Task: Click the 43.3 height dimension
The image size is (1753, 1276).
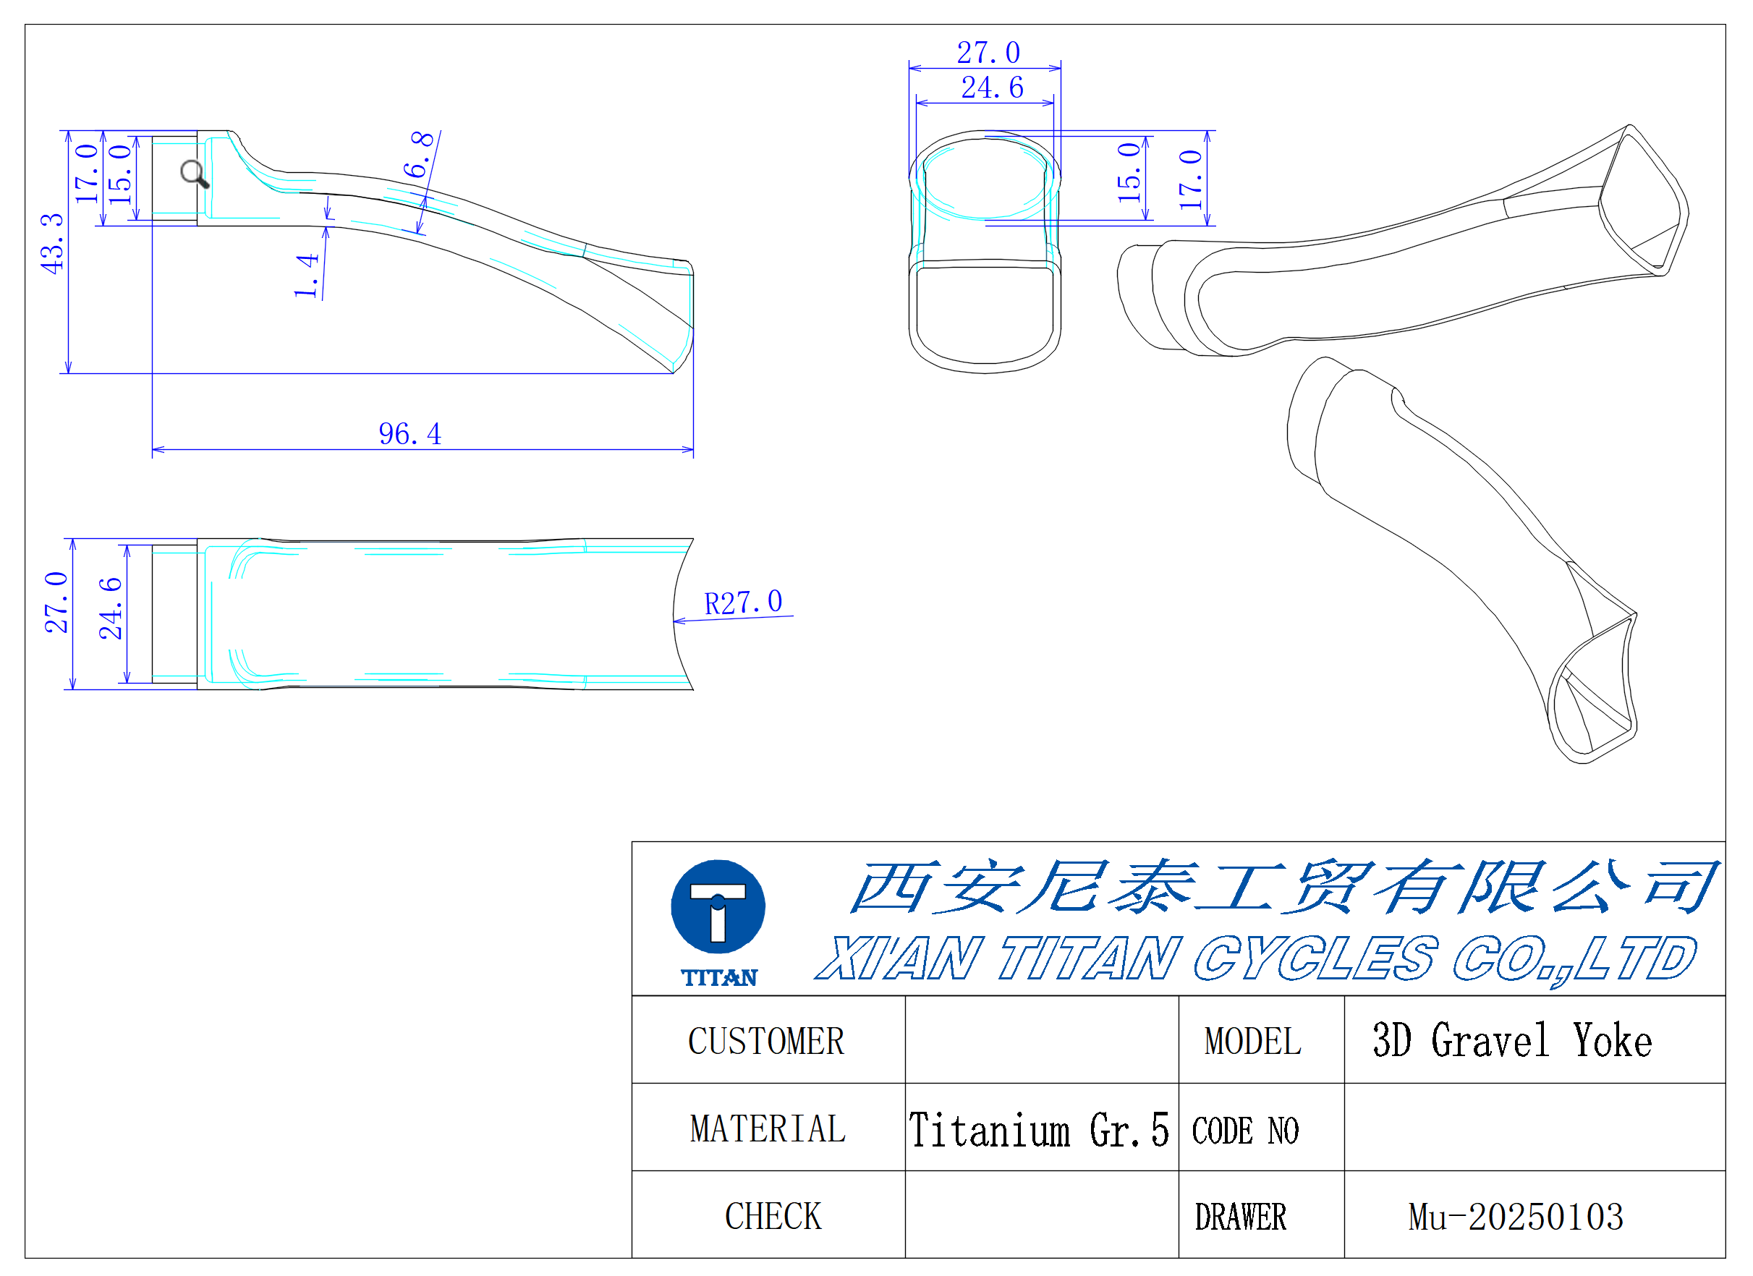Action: pos(52,244)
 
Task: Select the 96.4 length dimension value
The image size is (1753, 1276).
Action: pos(409,434)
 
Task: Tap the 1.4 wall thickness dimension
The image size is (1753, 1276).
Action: pos(306,275)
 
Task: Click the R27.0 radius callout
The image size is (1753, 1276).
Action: pos(743,603)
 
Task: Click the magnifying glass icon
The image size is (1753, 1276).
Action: pos(195,174)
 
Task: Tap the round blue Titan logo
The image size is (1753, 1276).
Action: pos(718,906)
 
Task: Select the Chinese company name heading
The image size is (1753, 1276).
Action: pos(1282,887)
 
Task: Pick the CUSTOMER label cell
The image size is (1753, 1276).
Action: pos(768,1040)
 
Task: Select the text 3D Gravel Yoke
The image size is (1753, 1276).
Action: pos(1512,1040)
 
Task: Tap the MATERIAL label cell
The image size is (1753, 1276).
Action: pos(768,1128)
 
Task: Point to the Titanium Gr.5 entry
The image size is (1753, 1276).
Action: pos(1039,1130)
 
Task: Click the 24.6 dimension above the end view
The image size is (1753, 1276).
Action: pos(993,88)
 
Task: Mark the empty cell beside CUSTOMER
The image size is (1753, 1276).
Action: pos(1042,1040)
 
